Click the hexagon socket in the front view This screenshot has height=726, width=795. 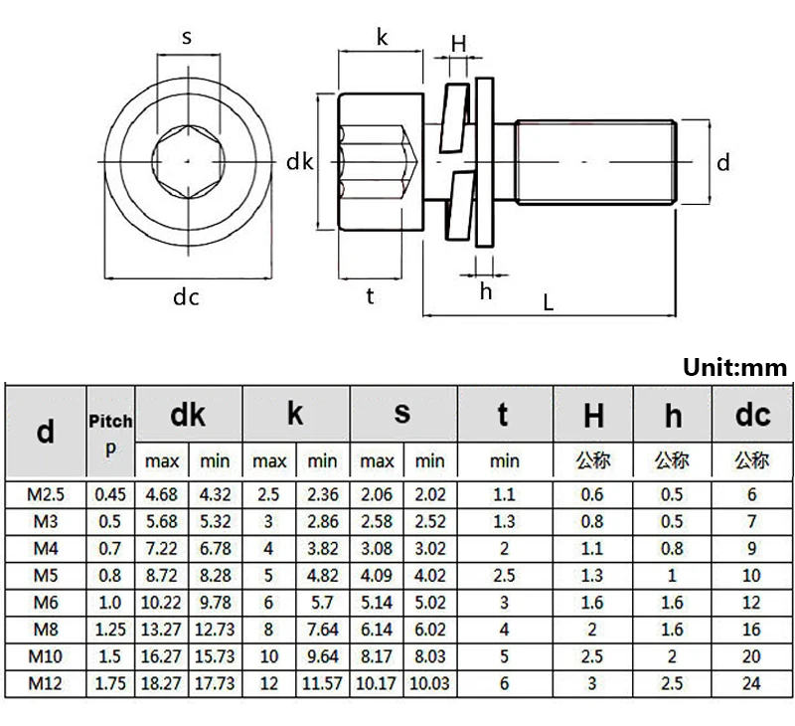pos(186,161)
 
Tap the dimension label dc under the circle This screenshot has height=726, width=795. pos(186,296)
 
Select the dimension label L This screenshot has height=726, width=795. pos(548,304)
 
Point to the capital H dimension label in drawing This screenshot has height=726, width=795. pos(459,43)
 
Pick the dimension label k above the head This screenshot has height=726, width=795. pos(382,38)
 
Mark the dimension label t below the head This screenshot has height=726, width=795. pos(370,295)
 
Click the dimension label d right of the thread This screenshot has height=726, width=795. pos(723,162)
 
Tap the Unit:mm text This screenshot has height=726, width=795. pos(734,368)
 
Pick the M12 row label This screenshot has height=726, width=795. pos(46,684)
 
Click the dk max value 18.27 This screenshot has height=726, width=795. pos(162,684)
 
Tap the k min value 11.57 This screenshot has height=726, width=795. pos(322,684)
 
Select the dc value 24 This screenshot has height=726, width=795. pos(752,684)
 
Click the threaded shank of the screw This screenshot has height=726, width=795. pos(596,161)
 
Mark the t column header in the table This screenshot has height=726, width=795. pos(504,414)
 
